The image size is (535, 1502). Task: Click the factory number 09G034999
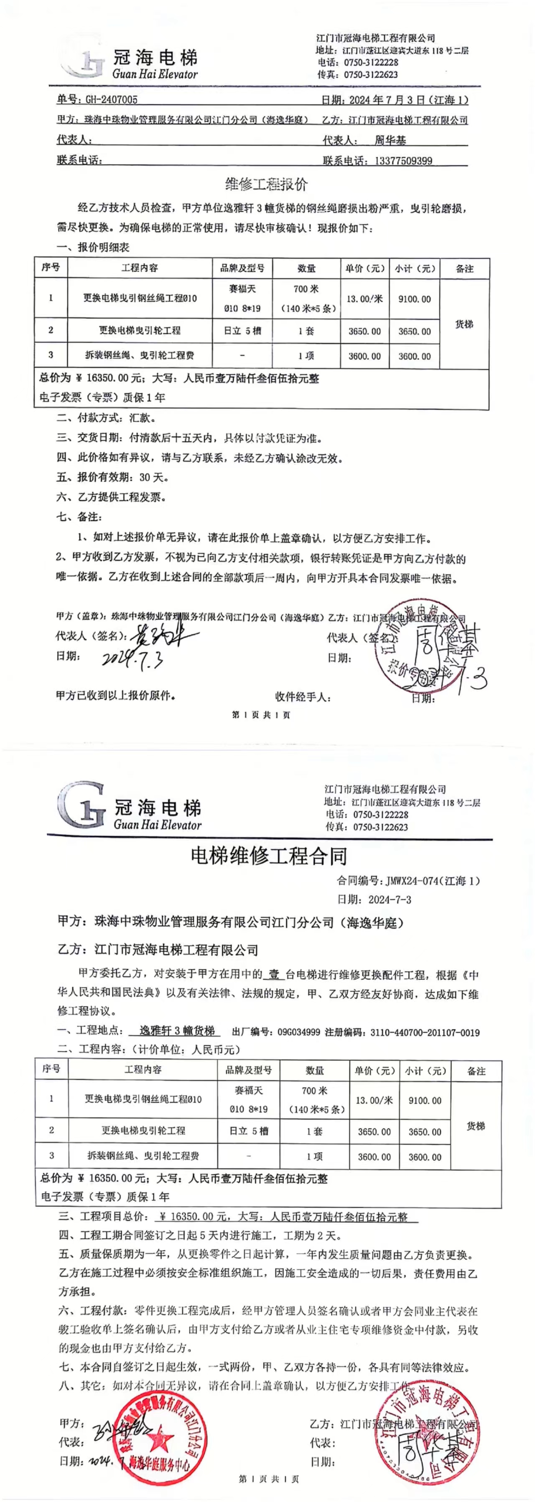299,1032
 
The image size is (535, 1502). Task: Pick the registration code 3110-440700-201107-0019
425,1032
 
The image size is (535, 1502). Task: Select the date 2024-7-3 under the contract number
390,899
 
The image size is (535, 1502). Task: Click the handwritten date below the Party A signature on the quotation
132,659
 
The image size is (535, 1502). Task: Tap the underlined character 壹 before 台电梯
274,975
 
